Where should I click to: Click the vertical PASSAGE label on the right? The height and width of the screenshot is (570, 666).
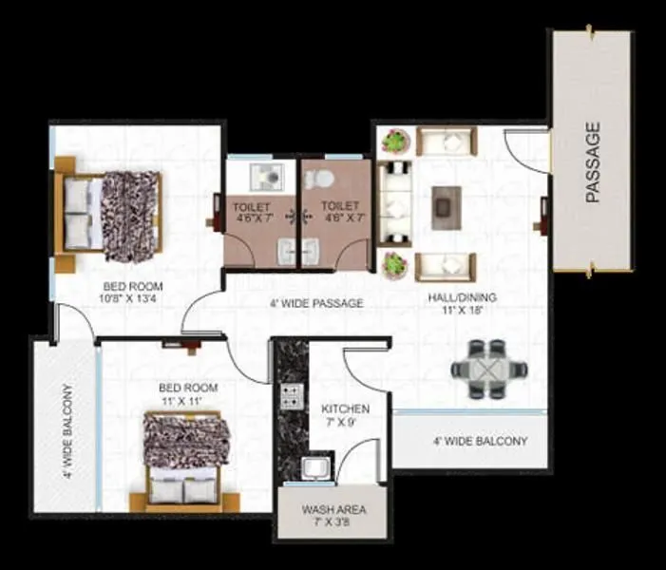point(594,162)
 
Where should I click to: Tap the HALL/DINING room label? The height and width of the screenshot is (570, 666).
point(462,303)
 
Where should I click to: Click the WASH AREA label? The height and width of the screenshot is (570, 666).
point(333,516)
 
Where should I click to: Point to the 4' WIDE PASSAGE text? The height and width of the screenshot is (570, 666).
point(316,304)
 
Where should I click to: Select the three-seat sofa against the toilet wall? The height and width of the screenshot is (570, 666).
point(394,201)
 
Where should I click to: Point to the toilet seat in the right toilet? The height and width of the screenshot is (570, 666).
point(324,176)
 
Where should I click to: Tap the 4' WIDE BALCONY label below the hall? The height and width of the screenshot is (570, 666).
point(479,442)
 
